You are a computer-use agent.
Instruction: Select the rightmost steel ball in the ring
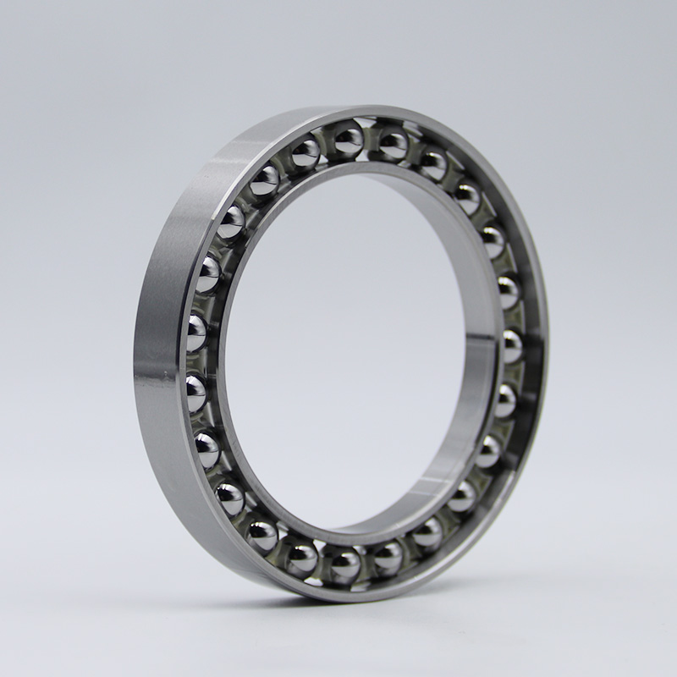[511, 345]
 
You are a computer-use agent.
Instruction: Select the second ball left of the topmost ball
[265, 179]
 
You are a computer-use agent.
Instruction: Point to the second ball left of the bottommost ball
[261, 535]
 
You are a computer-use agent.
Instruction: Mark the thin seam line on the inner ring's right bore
[482, 339]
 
